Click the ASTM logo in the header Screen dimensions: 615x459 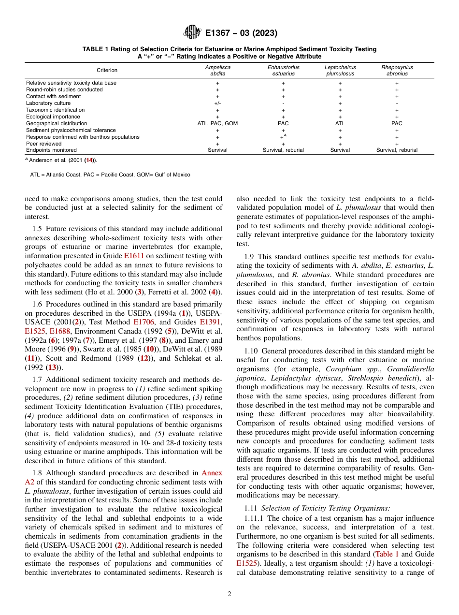[x=192, y=33]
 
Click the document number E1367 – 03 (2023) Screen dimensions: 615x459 [x=241, y=33]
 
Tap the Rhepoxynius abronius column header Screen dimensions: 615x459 [x=397, y=71]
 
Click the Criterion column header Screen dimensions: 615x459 [x=107, y=71]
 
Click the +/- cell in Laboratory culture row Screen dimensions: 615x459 [x=217, y=103]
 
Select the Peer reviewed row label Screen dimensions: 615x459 [x=44, y=144]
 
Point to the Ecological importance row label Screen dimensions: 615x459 [x=53, y=117]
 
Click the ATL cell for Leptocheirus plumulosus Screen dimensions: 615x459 [x=340, y=123]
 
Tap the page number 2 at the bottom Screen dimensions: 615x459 [x=229, y=594]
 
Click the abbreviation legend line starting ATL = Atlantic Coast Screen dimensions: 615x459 [x=110, y=175]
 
